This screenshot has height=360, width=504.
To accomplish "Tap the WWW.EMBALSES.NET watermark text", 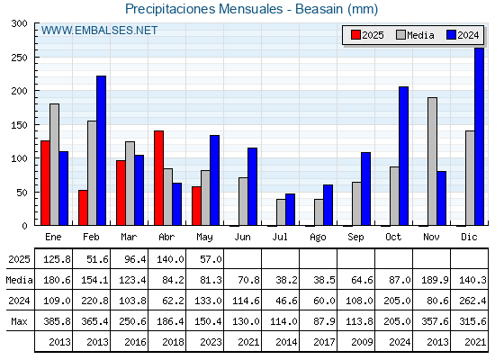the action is click(x=99, y=31).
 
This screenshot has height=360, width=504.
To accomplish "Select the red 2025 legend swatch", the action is click(x=355, y=35).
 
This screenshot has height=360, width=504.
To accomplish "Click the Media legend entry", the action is click(x=415, y=35).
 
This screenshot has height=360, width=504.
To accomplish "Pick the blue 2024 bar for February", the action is click(x=101, y=150).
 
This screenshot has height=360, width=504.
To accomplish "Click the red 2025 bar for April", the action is click(x=158, y=178).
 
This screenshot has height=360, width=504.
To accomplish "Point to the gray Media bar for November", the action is click(x=432, y=161).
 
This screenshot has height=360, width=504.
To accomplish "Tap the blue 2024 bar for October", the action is click(x=404, y=156).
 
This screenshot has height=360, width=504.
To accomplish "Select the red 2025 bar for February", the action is click(x=83, y=208).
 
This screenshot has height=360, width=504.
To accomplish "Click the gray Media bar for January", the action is click(x=54, y=165).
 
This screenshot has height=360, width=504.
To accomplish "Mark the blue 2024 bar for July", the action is click(x=290, y=210).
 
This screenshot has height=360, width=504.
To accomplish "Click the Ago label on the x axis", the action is click(x=318, y=238).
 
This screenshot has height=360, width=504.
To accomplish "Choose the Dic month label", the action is click(x=469, y=237).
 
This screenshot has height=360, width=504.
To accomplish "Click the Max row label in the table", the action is click(x=19, y=321).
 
